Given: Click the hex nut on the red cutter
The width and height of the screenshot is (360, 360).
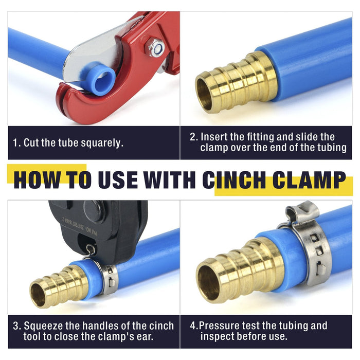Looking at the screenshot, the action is point(154,47).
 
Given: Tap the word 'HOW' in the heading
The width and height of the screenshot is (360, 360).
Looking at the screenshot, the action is point(37,180).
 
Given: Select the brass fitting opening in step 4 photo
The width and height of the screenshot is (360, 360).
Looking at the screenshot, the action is point(208,283).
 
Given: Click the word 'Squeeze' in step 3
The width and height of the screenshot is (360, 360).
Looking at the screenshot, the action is point(43,326).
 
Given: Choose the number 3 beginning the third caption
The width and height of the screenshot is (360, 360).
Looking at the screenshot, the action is point(16,326).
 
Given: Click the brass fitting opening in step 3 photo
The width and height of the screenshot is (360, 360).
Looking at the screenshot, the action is point(38,295).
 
